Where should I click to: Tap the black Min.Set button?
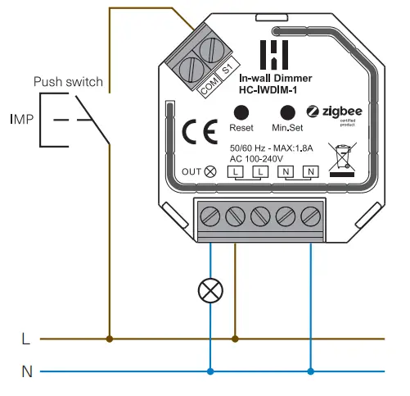(287, 112)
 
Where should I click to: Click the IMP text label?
(22, 120)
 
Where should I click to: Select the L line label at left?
(26, 338)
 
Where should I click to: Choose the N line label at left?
(26, 371)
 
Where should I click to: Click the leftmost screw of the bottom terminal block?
(211, 216)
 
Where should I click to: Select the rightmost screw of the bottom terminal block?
(310, 216)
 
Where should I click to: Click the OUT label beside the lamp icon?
(190, 171)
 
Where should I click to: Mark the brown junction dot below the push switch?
(110, 338)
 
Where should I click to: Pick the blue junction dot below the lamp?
(211, 371)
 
